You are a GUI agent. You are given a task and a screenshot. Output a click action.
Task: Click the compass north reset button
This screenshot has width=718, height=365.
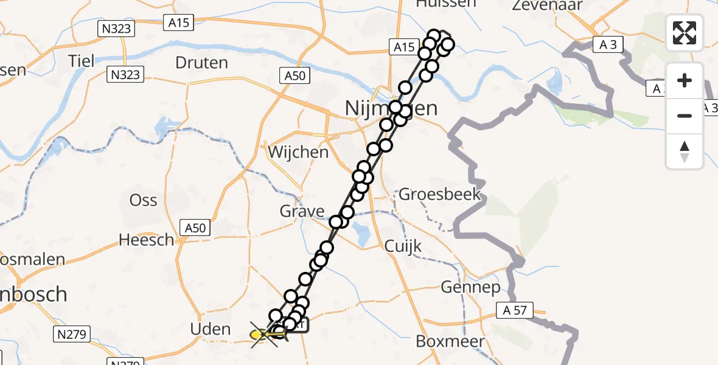pos(685,151)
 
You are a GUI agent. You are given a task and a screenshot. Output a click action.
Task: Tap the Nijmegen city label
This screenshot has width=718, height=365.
pos(391,108)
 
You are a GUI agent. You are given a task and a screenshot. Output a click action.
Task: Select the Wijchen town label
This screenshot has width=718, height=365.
pos(298,151)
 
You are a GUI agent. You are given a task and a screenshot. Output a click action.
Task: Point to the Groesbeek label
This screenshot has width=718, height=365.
pos(439,195)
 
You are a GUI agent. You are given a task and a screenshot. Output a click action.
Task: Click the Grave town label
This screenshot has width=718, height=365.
pos(302,211)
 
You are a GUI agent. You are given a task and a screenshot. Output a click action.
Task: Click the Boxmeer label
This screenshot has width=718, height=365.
pos(450,341)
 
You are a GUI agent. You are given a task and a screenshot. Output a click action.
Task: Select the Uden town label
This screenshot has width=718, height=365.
pos(210,329)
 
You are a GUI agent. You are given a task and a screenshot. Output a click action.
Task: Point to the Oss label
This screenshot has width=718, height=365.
pos(144,200)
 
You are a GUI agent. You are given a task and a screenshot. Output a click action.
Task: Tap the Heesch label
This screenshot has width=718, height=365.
pos(146,240)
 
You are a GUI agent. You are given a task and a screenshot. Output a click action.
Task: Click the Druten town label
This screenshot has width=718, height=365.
pos(201,62)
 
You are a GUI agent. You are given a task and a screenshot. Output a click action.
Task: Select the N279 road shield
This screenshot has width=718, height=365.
pos(72,334)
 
